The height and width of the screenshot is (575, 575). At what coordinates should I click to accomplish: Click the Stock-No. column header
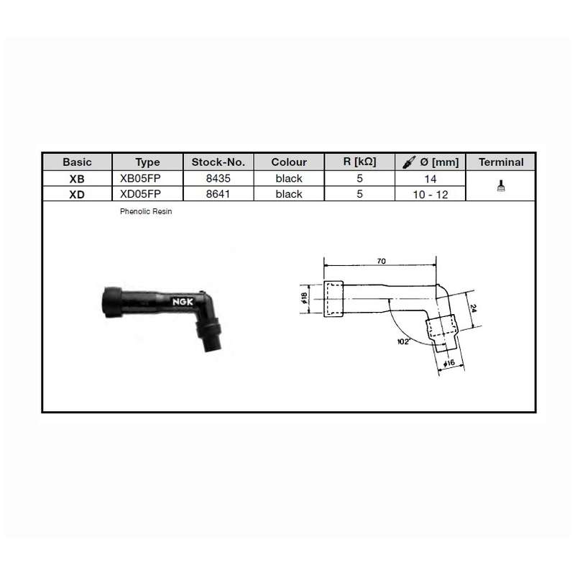(x=218, y=162)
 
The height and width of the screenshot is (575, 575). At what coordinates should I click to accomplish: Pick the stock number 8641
(x=218, y=193)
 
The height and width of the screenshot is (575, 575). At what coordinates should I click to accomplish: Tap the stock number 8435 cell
(x=218, y=178)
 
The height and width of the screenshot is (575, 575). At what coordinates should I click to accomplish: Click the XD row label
(x=77, y=194)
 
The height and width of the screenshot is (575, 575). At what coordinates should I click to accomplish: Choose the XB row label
(x=77, y=179)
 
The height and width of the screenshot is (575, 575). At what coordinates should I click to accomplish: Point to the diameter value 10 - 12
(x=431, y=194)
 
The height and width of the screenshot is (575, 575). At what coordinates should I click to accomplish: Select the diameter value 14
(x=431, y=179)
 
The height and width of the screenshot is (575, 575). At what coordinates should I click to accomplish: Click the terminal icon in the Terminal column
(x=501, y=185)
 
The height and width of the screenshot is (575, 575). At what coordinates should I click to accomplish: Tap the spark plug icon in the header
(x=409, y=162)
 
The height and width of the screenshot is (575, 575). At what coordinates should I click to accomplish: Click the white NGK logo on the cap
(x=183, y=302)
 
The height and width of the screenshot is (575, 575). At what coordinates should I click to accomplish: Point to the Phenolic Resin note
(x=146, y=211)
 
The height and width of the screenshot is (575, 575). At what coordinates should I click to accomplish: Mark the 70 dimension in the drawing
(x=382, y=261)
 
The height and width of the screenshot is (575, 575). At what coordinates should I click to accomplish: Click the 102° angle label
(x=403, y=341)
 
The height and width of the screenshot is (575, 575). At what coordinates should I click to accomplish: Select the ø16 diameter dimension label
(x=449, y=364)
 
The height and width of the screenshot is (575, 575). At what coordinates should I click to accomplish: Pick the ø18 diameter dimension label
(x=304, y=298)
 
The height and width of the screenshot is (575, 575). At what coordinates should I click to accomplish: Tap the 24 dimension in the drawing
(x=473, y=308)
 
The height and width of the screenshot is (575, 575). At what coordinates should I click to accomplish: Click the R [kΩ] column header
(x=360, y=162)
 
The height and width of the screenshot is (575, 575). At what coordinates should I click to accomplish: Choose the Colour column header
(x=289, y=162)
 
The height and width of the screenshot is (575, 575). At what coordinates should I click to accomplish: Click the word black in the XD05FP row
(x=289, y=193)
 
